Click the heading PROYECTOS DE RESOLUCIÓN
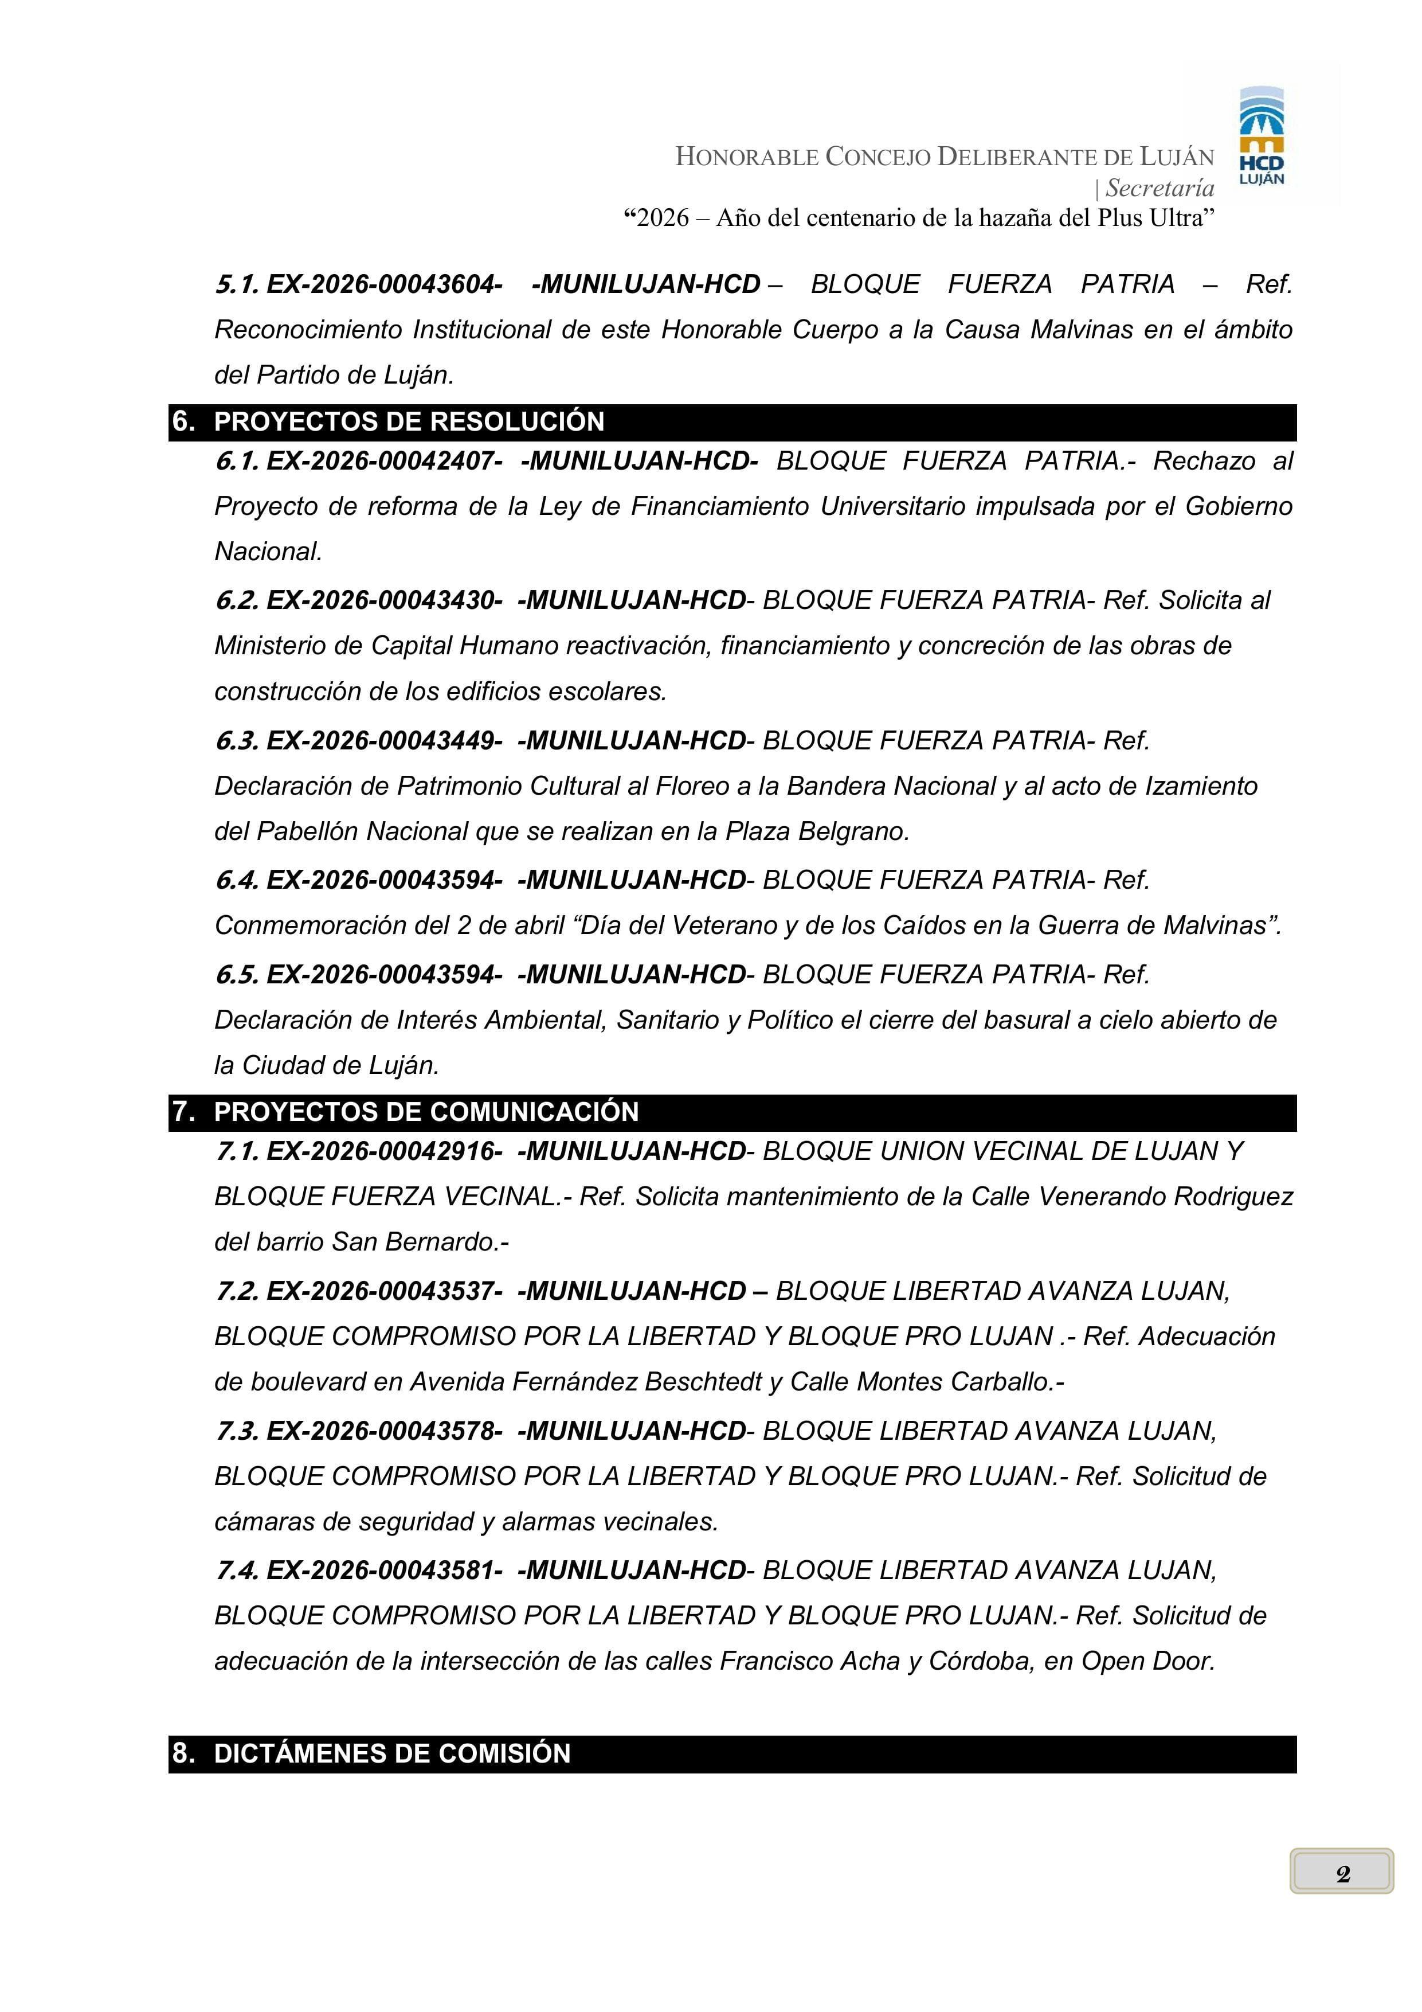(409, 421)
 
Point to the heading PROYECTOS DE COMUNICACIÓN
(426, 1112)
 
